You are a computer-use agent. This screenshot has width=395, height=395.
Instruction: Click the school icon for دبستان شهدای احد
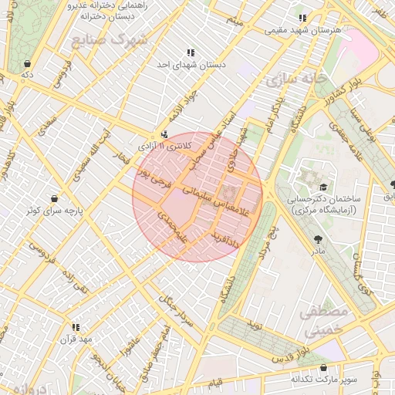click(x=191, y=52)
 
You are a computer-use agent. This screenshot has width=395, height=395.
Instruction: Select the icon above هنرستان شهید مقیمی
click(x=302, y=18)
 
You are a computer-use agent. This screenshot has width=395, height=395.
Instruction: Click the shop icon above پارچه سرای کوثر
click(x=53, y=198)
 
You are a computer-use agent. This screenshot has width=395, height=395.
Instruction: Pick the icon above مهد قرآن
click(x=76, y=327)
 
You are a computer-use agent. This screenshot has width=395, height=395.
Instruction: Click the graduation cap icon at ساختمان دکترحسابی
click(x=323, y=186)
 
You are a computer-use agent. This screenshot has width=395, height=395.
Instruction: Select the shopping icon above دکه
click(x=28, y=63)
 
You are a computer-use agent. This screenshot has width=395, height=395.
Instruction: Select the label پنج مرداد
click(x=266, y=243)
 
